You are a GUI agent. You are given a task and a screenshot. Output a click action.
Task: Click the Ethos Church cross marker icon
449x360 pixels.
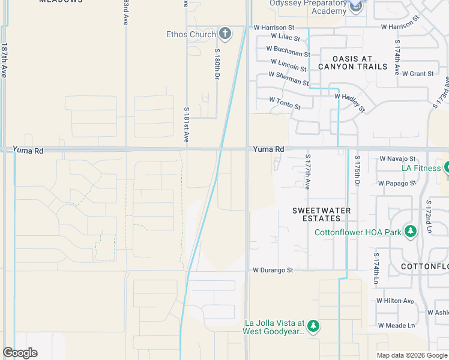[225, 34]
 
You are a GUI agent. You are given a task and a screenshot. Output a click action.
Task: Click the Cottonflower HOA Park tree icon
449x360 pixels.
[411, 232]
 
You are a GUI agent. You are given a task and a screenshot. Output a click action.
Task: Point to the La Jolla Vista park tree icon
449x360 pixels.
[313, 326]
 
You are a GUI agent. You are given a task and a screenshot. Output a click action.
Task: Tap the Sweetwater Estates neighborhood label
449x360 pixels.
[322, 215]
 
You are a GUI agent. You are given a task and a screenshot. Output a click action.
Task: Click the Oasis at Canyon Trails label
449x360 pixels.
[352, 62]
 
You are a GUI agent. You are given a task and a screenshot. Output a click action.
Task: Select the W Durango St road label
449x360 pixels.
[273, 270]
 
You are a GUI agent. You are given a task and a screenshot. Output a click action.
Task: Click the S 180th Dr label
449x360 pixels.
[218, 65]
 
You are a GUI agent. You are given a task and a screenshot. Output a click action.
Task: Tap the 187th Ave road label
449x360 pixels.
[4, 60]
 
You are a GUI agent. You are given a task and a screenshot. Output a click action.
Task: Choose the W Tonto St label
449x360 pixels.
[285, 103]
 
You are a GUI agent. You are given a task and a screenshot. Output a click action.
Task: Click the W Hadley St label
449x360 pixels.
[349, 101]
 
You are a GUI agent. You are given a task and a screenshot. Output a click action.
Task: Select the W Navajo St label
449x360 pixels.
[397, 158]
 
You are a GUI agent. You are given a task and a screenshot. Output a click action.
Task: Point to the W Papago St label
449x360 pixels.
[397, 183]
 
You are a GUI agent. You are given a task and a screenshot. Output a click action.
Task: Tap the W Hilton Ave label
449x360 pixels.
[395, 301]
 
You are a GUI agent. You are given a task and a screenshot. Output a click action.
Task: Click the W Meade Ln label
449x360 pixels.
[396, 325]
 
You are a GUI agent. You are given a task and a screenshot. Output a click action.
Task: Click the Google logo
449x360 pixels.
[20, 353]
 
